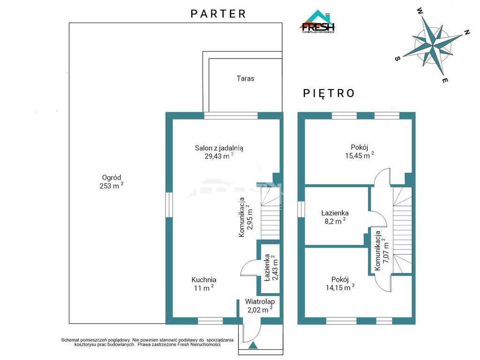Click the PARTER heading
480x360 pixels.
coord(218,14)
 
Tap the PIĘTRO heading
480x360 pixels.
coord(329,93)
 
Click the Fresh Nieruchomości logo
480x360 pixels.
coord(317,22)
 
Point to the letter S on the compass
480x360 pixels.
coord(397,59)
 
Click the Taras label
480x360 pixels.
coord(245,78)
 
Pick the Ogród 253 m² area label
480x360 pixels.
coord(112,181)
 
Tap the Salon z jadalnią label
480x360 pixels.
coord(219,152)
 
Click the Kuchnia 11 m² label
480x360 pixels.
coord(204,284)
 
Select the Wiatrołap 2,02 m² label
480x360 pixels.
coord(260,306)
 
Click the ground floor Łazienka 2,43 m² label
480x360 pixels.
coord(271,268)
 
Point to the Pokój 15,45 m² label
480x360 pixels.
coord(360,151)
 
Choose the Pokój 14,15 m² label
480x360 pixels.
coord(340,284)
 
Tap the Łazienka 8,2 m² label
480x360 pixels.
coord(335,217)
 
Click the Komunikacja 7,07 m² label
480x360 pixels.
coord(382,250)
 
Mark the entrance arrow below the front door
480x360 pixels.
coord(253,345)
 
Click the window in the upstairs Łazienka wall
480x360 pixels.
coord(301,209)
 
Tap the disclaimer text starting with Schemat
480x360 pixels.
coord(147,342)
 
